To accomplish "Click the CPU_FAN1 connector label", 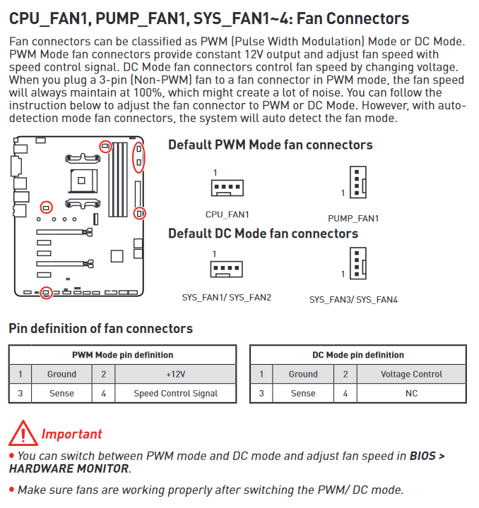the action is pos(227,214).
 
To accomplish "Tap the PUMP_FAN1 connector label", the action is pos(353,219).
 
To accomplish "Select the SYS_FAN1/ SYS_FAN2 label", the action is pos(226,298).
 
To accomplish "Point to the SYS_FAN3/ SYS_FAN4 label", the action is pos(353,300).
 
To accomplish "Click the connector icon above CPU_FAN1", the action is pos(227,188).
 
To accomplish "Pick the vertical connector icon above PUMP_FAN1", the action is pos(358,182).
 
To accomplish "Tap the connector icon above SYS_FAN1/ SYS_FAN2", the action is pos(226,270).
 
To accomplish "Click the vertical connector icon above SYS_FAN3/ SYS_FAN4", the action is pos(358,263).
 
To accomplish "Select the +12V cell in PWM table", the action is pos(175,374).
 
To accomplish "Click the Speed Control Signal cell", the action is pos(175,393).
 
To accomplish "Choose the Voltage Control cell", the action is pos(411,374).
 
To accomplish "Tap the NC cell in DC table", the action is pos(411,393).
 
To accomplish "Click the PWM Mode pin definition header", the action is pos(123,355).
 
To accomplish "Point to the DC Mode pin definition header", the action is pos(358,355).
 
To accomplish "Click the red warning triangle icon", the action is pos(23,433).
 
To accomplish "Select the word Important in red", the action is pos(71,434).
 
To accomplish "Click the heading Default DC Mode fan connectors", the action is pos(263,234).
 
